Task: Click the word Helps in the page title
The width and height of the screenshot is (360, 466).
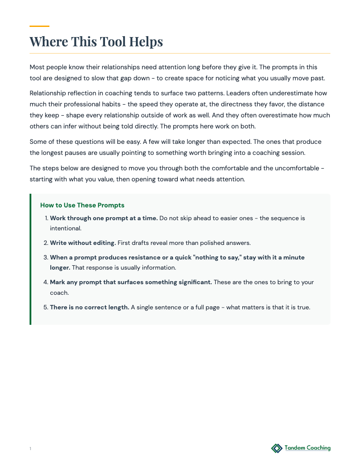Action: (x=146, y=41)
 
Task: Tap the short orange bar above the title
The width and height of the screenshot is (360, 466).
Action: (x=39, y=26)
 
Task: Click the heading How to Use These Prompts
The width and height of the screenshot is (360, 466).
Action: (x=82, y=205)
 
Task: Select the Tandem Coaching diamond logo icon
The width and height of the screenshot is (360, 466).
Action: (x=277, y=448)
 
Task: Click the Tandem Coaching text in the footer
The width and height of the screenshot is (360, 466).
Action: (x=307, y=448)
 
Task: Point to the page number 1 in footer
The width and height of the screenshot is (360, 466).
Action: (x=30, y=449)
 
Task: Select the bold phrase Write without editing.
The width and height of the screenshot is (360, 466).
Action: (x=83, y=243)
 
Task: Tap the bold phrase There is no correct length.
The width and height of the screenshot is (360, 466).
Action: (x=90, y=307)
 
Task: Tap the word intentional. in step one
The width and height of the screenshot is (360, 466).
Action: (x=65, y=229)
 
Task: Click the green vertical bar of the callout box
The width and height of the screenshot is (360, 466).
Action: (x=30, y=259)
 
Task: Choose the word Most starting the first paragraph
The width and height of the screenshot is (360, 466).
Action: (x=37, y=67)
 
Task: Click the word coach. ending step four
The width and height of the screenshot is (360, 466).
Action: (x=59, y=293)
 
